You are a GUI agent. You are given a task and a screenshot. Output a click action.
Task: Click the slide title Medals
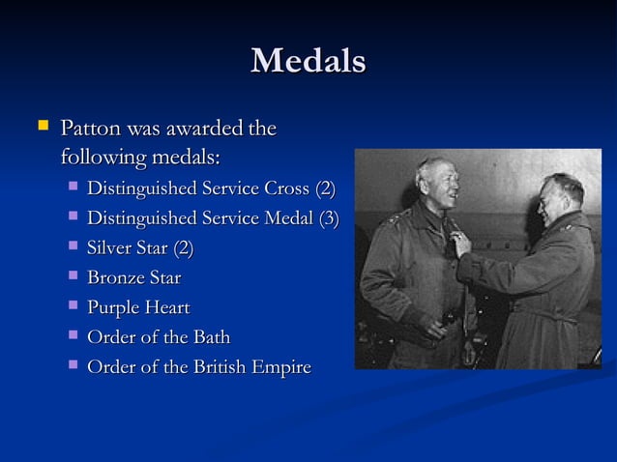click(x=308, y=62)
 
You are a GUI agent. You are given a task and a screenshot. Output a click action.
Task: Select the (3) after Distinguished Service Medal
click(x=329, y=217)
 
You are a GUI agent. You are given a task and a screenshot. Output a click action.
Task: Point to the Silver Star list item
click(x=140, y=248)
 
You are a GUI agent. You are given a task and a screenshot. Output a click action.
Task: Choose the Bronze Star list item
click(x=134, y=278)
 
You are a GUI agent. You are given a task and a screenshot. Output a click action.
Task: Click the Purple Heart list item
click(x=138, y=308)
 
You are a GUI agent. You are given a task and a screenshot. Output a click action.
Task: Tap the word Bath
click(x=210, y=337)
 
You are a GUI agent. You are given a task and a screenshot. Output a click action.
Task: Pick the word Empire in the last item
click(x=280, y=367)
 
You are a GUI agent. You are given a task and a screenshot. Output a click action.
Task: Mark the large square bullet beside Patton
click(x=42, y=127)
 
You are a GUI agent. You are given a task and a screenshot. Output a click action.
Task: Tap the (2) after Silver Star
click(x=183, y=248)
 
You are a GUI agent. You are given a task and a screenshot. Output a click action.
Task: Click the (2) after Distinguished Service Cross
click(x=326, y=188)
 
